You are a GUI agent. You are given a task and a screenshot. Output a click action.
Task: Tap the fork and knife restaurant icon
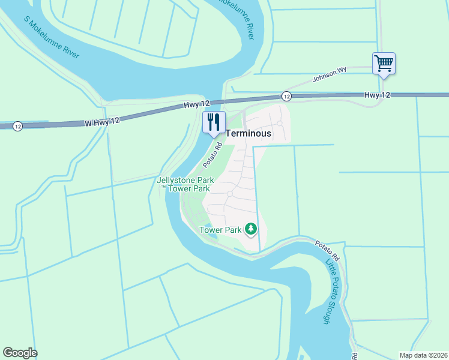214,122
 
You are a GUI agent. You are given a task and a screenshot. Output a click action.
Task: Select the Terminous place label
248,133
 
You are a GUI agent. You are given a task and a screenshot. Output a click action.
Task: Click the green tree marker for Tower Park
250,229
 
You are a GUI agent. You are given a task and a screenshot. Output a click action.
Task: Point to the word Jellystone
176,180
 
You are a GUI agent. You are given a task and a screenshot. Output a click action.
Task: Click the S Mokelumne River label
51,38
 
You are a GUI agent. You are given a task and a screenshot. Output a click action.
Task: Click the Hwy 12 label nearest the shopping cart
377,95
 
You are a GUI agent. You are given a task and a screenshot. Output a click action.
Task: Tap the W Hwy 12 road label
102,121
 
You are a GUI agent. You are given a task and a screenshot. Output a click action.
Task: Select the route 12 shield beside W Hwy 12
18,127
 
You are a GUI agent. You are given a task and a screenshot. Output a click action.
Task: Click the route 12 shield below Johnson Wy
286,96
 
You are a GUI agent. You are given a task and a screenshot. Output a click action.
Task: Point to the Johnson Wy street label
330,74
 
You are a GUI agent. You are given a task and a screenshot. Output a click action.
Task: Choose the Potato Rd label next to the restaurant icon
212,154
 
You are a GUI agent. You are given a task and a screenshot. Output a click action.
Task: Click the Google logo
20,353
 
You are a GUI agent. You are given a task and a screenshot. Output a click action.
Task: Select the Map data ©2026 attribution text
423,355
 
